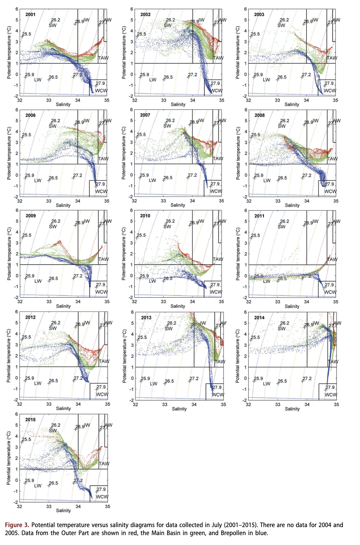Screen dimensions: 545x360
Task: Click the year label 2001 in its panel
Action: [31, 14]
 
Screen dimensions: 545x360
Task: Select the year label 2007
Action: [145, 115]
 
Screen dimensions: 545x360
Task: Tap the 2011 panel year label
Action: [259, 216]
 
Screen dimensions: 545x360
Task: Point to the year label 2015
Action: [31, 420]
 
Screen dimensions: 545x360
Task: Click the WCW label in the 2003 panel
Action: [330, 91]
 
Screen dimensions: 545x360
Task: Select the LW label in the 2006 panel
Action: [38, 181]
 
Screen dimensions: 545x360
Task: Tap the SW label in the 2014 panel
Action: [282, 329]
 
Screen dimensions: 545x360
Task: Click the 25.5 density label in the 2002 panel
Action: [141, 34]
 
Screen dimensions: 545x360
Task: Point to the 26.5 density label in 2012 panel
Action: [53, 381]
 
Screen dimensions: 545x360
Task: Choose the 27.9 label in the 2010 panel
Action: [215, 285]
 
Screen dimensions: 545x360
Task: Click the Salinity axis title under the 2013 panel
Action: [179, 409]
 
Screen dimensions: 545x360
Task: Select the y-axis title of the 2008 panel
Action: [238, 153]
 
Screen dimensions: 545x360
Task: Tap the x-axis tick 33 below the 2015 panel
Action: [49, 507]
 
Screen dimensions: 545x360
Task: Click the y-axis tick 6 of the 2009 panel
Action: [16, 210]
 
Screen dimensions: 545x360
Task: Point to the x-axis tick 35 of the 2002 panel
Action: [222, 100]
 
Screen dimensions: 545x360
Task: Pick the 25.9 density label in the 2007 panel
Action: [144, 175]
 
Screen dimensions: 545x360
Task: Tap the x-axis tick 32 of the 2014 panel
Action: [248, 404]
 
